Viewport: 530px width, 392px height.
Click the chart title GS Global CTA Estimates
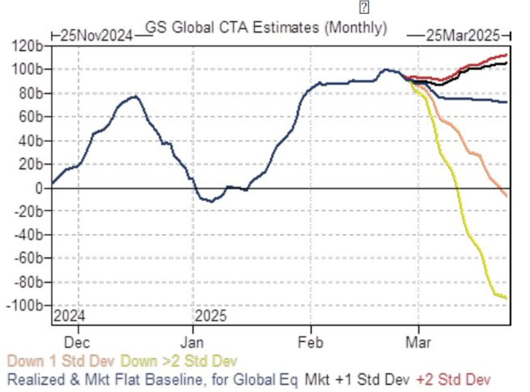tap(266, 28)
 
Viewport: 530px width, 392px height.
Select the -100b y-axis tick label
tap(26, 306)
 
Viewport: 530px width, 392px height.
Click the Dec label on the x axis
tap(78, 342)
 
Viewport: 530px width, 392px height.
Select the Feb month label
tap(311, 342)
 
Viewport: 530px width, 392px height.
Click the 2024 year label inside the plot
tap(70, 317)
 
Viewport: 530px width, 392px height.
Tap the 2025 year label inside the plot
tap(211, 317)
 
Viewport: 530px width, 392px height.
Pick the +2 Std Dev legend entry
tap(454, 379)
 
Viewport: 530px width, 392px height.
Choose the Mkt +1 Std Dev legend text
tap(357, 379)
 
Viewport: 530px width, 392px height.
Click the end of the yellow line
tap(507, 298)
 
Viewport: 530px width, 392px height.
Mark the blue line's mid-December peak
tap(135, 96)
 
